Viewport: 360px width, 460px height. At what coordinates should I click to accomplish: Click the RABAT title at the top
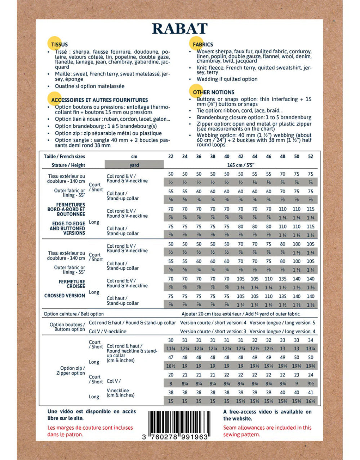[179, 29]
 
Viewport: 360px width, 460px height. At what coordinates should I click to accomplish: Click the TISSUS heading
[59, 45]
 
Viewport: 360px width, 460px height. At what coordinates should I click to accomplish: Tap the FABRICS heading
[203, 45]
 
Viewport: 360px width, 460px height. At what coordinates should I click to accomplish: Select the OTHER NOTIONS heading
[213, 92]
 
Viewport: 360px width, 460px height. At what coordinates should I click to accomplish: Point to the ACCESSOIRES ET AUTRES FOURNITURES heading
[99, 100]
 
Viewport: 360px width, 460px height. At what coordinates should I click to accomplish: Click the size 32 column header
[171, 156]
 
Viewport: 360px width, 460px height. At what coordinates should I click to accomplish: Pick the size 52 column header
[311, 156]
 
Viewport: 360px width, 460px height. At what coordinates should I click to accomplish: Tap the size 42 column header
[241, 156]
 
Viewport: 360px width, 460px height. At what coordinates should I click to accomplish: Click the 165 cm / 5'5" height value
[241, 165]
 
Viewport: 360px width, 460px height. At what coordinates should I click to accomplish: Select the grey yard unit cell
[134, 165]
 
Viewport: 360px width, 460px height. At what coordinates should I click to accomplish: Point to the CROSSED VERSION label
[65, 296]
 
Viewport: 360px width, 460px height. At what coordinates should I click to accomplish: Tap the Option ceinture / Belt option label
[74, 314]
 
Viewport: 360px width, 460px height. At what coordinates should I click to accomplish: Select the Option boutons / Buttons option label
[67, 327]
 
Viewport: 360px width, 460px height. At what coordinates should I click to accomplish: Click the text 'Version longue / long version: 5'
[282, 323]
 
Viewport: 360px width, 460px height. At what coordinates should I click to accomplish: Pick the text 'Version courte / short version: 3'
[213, 331]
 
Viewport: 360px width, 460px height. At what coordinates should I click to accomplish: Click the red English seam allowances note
[267, 431]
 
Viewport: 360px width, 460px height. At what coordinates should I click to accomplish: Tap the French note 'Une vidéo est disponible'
[92, 415]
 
